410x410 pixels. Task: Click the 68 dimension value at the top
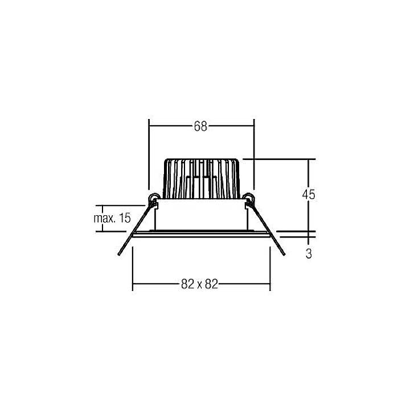[x=200, y=126]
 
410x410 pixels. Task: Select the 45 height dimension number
[x=308, y=194]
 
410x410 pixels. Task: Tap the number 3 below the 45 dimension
[x=308, y=254]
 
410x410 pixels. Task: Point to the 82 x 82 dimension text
[x=200, y=284]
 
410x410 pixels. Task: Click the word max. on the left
[x=106, y=218]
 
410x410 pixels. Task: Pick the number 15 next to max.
[x=125, y=218]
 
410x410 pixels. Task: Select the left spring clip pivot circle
[x=153, y=198]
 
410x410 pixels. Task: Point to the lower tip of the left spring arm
[x=120, y=254]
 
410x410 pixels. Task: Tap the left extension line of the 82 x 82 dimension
[x=132, y=268]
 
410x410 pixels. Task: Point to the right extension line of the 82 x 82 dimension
[x=270, y=268]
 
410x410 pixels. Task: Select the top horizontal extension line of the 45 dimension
[x=279, y=159]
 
